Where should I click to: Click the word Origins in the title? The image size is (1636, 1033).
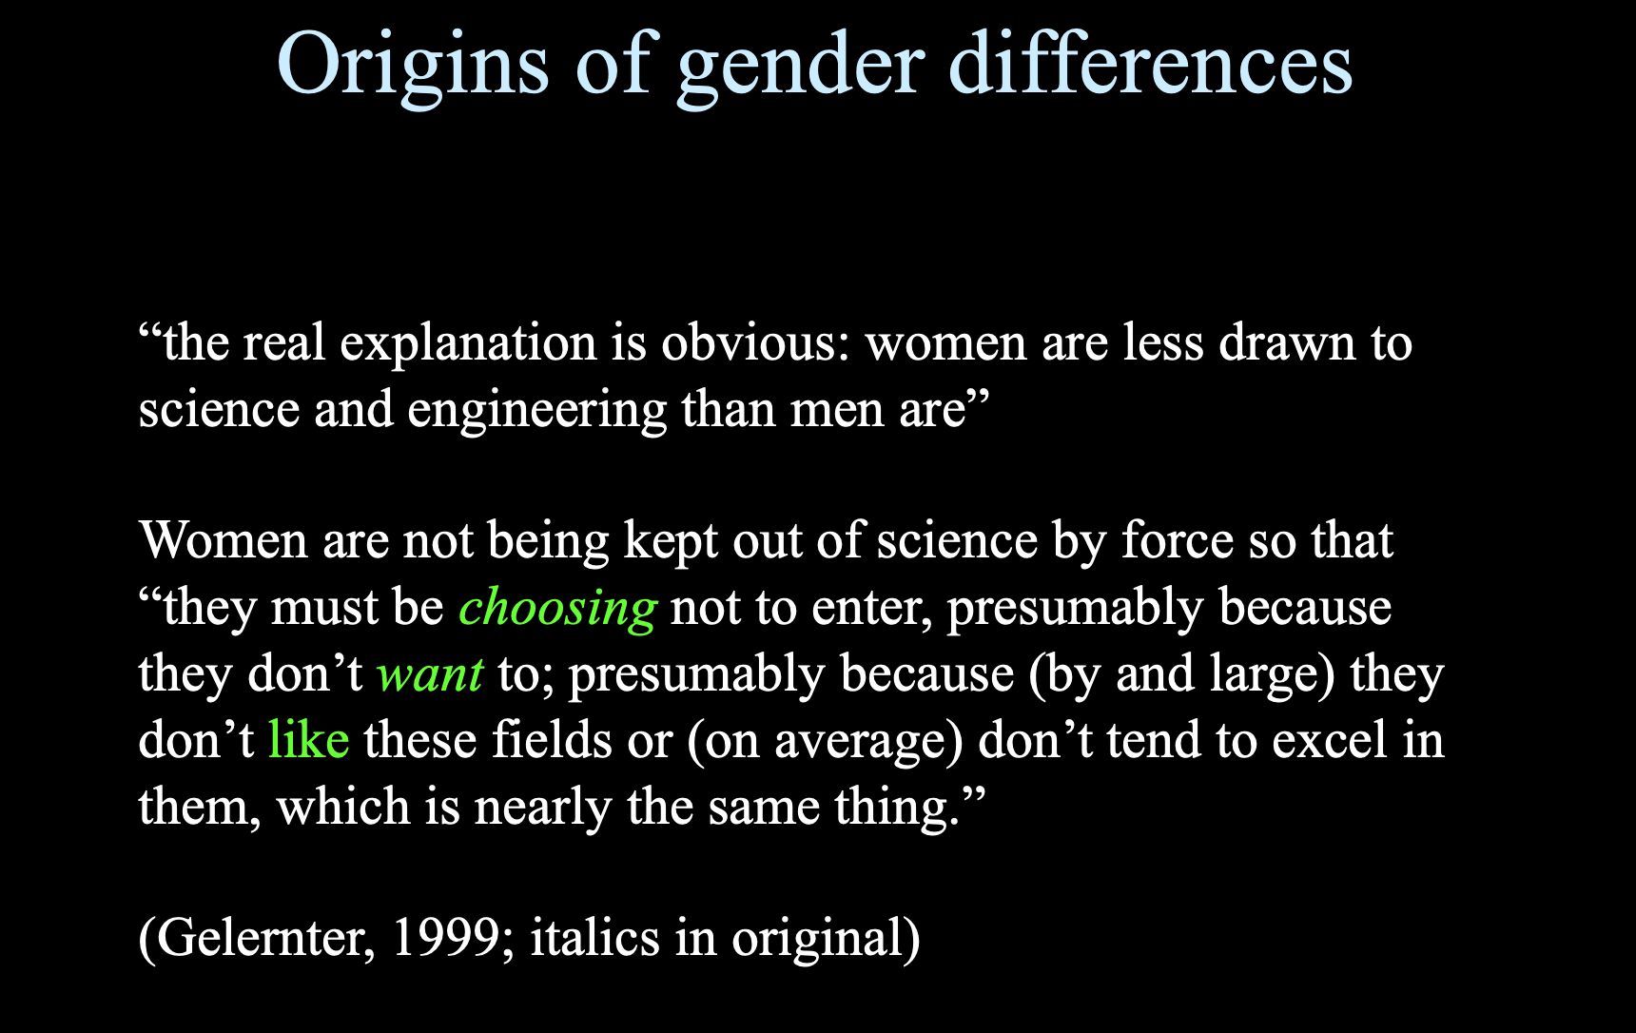(413, 65)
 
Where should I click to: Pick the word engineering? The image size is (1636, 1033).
(537, 411)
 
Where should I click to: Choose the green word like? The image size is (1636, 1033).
(309, 740)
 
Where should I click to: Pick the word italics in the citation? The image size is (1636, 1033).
(594, 938)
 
